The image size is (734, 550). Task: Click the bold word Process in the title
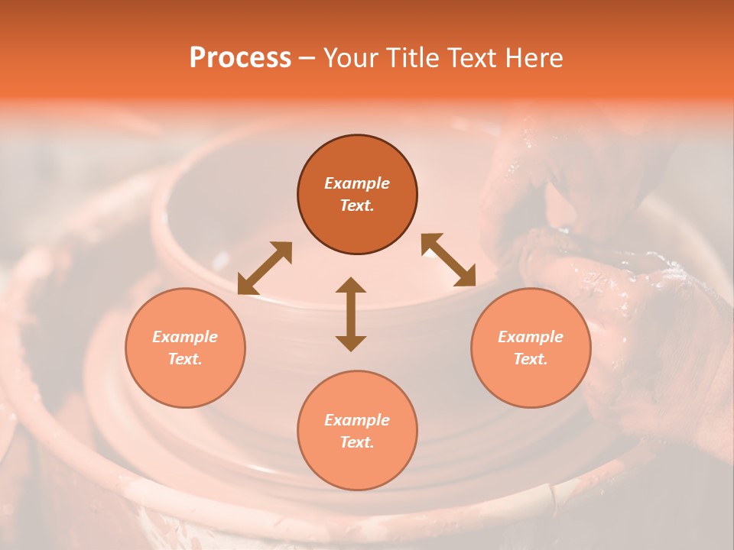[x=240, y=58]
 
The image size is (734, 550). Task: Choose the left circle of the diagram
[x=185, y=348]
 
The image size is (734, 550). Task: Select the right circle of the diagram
[x=531, y=348]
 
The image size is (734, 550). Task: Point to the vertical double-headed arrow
[x=351, y=314]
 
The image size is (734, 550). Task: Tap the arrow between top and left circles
[x=265, y=268]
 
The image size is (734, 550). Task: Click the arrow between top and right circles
[x=448, y=260]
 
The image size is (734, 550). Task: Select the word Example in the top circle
[x=357, y=183]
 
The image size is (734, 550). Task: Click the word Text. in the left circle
[x=185, y=359]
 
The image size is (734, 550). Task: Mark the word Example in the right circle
[x=531, y=337]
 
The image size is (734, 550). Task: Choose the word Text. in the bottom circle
[x=357, y=442]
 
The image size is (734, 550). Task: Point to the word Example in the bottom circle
[x=357, y=420]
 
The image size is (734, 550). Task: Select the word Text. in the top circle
[x=357, y=205]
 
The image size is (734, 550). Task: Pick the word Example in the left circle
[x=185, y=337]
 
